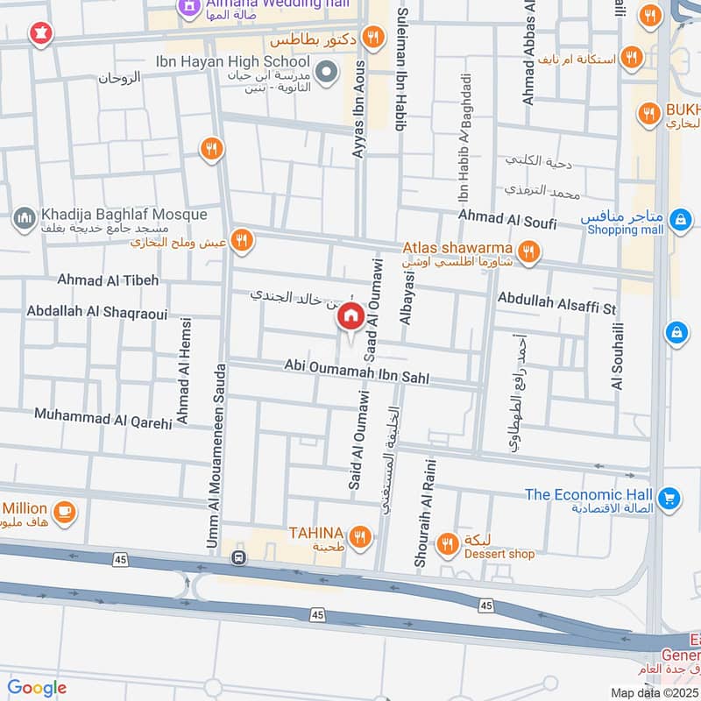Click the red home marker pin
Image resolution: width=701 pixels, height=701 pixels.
pos(350,317)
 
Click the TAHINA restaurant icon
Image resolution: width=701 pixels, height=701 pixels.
pos(358,535)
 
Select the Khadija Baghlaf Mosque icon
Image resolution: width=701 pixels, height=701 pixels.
pos(24,216)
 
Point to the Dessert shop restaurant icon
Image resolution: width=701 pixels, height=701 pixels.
pos(448,543)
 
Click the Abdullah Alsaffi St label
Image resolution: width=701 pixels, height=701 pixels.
pos(557,303)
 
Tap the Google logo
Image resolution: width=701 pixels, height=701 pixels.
pos(37,688)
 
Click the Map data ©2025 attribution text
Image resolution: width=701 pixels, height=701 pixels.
pos(654,692)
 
